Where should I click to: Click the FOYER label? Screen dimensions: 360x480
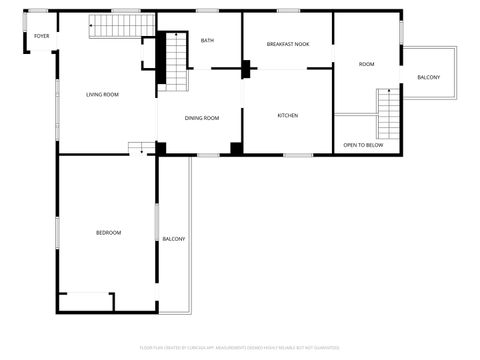tap(41, 36)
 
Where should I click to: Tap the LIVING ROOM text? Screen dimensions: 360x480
tap(102, 94)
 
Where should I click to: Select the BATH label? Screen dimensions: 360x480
tap(207, 40)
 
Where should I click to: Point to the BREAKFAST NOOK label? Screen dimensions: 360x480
tap(288, 44)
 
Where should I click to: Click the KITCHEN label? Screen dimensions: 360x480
tap(287, 115)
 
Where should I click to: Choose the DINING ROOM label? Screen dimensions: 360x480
tap(201, 118)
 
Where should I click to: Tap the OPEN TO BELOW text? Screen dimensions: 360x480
tap(363, 145)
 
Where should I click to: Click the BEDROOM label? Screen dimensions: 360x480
tap(108, 232)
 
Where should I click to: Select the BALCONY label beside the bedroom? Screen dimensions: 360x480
tap(174, 238)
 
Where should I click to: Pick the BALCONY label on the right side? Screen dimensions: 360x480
tap(428, 77)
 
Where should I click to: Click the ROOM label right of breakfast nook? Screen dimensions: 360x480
tap(367, 64)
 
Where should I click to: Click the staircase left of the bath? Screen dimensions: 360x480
tap(175, 62)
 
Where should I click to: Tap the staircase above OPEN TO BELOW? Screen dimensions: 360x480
tap(387, 114)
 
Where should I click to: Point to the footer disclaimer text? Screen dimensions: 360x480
tap(240, 347)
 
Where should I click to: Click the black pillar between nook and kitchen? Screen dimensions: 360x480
tap(246, 69)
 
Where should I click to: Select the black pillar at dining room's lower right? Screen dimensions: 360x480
tap(236, 149)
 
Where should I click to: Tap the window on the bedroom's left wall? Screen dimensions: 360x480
tap(57, 232)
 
